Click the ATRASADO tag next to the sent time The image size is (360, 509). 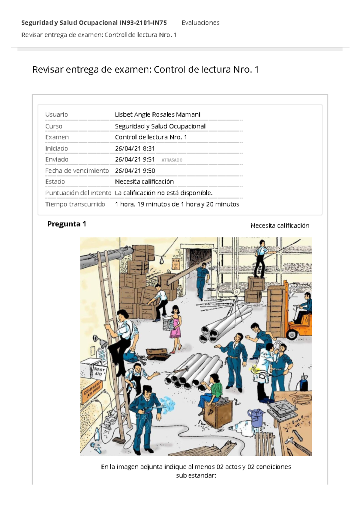tap(172, 160)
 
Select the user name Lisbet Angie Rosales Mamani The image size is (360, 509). tap(157, 115)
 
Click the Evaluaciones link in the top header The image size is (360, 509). tap(200, 23)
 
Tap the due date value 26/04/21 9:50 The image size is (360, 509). tap(135, 171)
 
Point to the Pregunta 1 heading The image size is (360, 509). tap(67, 224)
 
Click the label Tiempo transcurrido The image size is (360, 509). tap(75, 204)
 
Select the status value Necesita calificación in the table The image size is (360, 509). tap(144, 182)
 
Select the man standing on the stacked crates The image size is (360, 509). tap(261, 258)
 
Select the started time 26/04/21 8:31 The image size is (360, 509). tap(135, 149)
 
